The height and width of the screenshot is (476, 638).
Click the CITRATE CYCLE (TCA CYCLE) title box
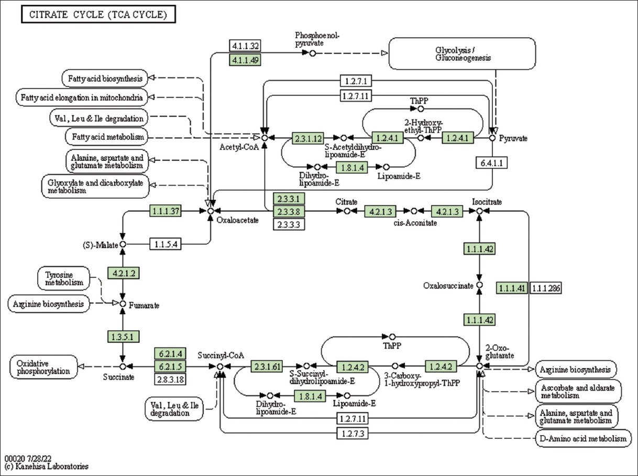pyautogui.click(x=97, y=15)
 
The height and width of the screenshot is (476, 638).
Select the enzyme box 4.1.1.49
pyautogui.click(x=245, y=60)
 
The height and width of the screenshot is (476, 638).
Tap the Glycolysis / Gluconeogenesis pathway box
pyautogui.click(x=463, y=53)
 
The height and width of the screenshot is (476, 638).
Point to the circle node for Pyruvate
pyautogui.click(x=492, y=138)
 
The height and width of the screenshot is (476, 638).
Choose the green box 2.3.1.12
pyautogui.click(x=307, y=138)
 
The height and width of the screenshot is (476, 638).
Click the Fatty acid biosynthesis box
pyautogui.click(x=105, y=79)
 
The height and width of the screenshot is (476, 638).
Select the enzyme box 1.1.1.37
pyautogui.click(x=166, y=211)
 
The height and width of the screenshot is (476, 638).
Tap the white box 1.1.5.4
pyautogui.click(x=166, y=244)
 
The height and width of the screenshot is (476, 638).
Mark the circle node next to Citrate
pyautogui.click(x=346, y=211)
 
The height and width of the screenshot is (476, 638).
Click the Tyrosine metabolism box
pyautogui.click(x=63, y=278)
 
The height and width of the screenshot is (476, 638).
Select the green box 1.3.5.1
pyautogui.click(x=123, y=336)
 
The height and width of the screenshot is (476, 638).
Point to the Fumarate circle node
pyautogui.click(x=123, y=304)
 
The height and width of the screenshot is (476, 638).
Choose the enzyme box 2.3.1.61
pyautogui.click(x=267, y=366)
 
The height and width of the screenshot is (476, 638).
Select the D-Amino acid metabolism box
pyautogui.click(x=583, y=439)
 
